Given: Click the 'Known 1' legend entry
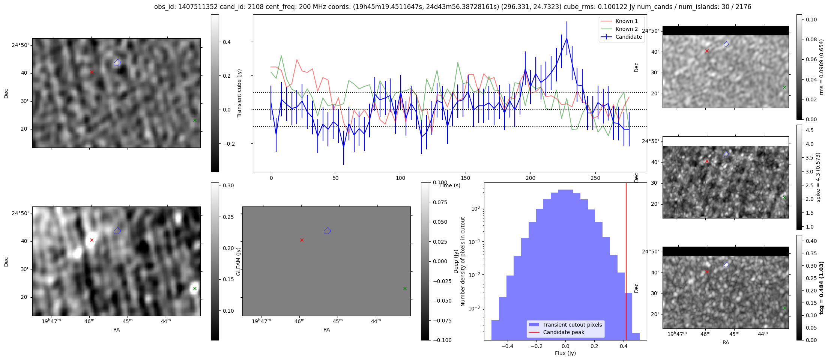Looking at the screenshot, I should (627, 21).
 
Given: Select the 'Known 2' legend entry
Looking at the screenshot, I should (627, 29).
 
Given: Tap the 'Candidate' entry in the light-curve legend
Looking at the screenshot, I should (628, 37).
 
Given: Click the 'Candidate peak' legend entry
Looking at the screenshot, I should (564, 332).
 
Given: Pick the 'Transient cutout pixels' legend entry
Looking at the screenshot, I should (572, 325).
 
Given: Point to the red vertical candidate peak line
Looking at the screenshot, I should (626, 263).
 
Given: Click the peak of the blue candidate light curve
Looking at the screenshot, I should (567, 38).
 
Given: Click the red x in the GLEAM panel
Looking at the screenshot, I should (302, 240).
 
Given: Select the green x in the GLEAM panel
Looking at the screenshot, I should (405, 288).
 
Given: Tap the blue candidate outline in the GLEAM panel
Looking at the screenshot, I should (327, 231).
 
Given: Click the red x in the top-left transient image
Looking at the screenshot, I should (92, 72).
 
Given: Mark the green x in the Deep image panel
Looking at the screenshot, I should (195, 288).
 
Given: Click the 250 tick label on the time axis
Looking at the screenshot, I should (595, 178).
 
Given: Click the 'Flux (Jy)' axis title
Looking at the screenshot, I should (565, 353).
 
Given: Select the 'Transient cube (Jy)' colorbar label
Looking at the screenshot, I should (239, 93).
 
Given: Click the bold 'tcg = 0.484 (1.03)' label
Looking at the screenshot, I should (821, 288).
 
